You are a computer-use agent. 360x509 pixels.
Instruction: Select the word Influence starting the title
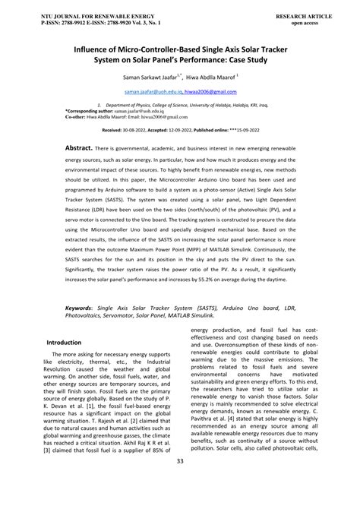point(74,47)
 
